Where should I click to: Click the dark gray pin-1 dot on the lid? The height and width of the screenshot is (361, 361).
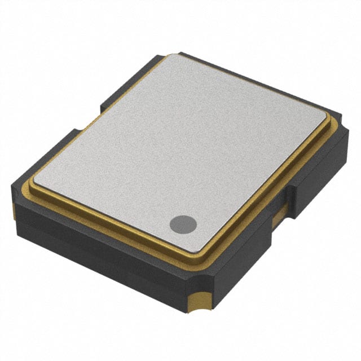coord(183,224)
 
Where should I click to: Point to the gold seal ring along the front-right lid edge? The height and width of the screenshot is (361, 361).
coord(265,192)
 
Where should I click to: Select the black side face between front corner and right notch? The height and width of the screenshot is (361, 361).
coord(243,254)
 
